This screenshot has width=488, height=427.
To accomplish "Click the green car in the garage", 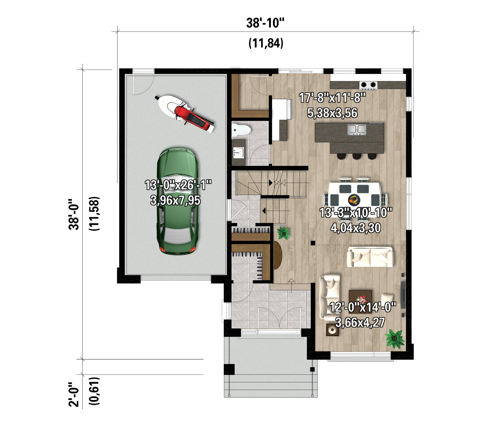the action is (x=178, y=201).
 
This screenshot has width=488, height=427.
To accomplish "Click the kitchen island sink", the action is (x=357, y=130).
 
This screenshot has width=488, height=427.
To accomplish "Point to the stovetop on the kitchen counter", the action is (x=368, y=85).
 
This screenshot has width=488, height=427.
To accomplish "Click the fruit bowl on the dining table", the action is (x=354, y=200).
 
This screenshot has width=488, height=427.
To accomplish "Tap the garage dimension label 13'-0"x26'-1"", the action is (x=178, y=185).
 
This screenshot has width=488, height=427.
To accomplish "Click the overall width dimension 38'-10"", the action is (x=265, y=23).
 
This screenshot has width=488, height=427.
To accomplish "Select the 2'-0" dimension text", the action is (x=74, y=395).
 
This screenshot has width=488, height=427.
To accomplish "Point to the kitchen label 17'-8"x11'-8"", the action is (x=332, y=98).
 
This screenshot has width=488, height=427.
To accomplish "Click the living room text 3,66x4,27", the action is (x=360, y=323).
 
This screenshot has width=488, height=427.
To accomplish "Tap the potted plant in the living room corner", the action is (x=395, y=338).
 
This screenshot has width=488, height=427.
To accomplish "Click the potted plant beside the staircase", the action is (x=284, y=233).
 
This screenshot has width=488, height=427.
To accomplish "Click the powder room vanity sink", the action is (x=239, y=153).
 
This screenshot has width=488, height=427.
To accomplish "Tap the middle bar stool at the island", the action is (x=357, y=156).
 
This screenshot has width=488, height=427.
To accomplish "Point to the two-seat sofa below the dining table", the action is (x=370, y=257).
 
